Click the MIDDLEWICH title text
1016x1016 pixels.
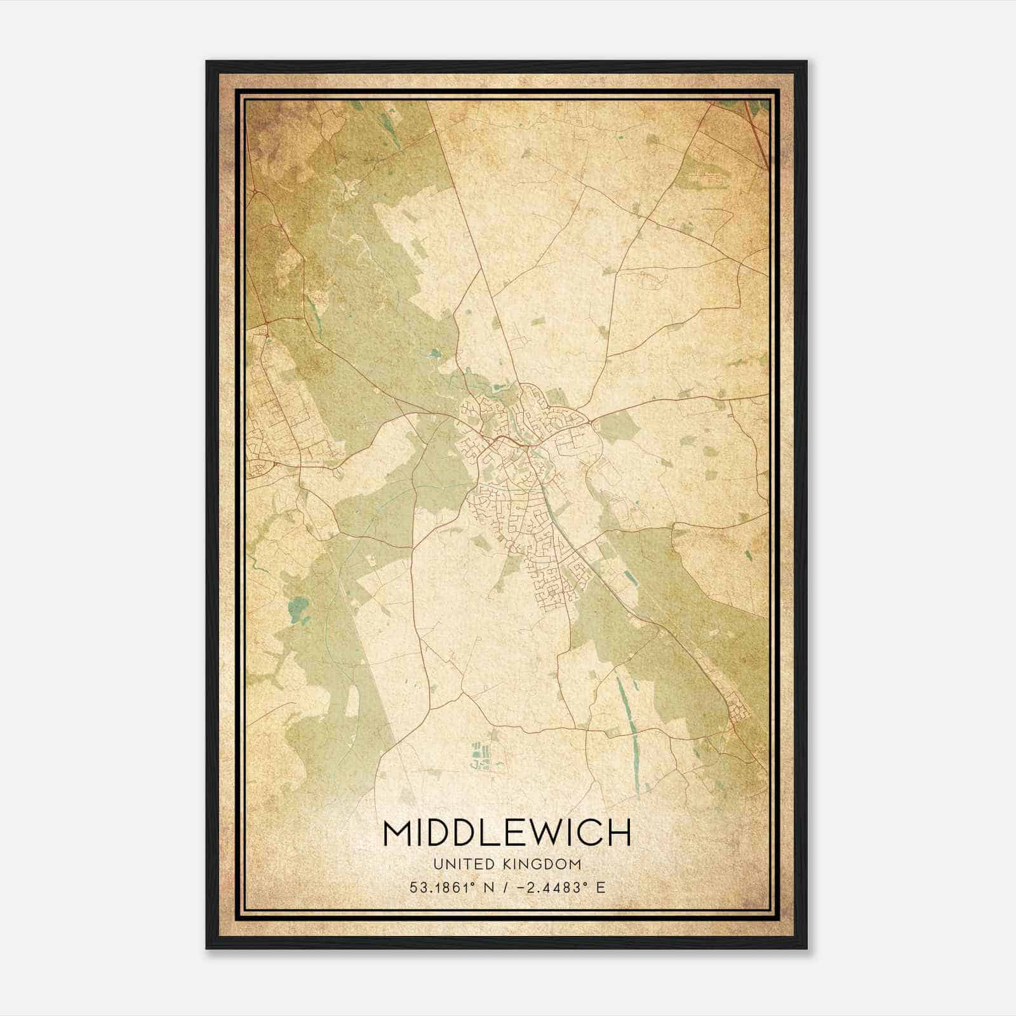[x=507, y=833]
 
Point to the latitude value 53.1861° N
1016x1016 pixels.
[x=451, y=887]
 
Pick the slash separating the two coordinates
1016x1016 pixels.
[x=504, y=887]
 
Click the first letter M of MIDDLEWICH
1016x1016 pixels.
[x=398, y=833]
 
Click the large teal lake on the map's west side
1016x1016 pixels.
[x=296, y=610]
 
